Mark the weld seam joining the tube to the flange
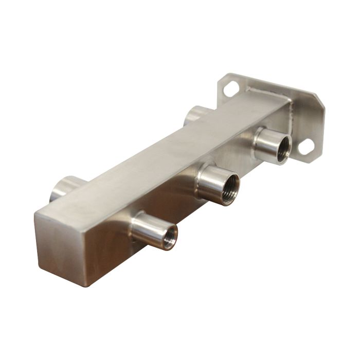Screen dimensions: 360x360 coord(267,95)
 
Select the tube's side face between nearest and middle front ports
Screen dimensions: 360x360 coord(170,206)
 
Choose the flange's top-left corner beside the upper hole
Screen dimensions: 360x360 coord(221,80)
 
